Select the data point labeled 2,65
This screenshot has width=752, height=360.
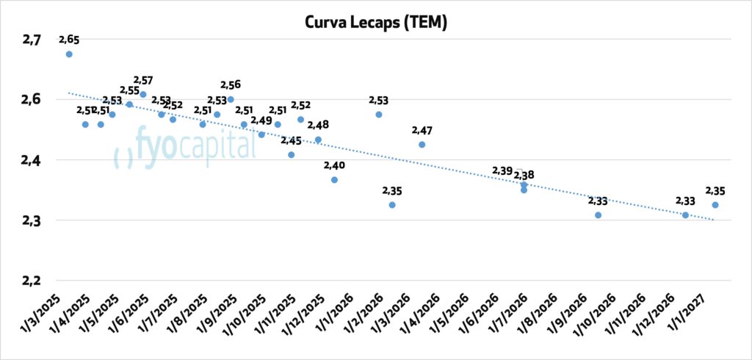click(69, 54)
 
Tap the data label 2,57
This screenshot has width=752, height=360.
click(142, 79)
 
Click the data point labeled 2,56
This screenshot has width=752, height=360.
click(231, 99)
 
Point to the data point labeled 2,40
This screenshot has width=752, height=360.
click(334, 180)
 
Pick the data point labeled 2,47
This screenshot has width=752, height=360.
click(422, 145)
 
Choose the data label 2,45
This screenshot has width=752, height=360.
click(290, 140)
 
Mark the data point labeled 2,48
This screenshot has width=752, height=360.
click(318, 140)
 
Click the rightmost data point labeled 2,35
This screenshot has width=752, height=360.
click(715, 205)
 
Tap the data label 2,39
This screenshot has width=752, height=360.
click(502, 171)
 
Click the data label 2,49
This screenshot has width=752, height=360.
click(261, 120)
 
